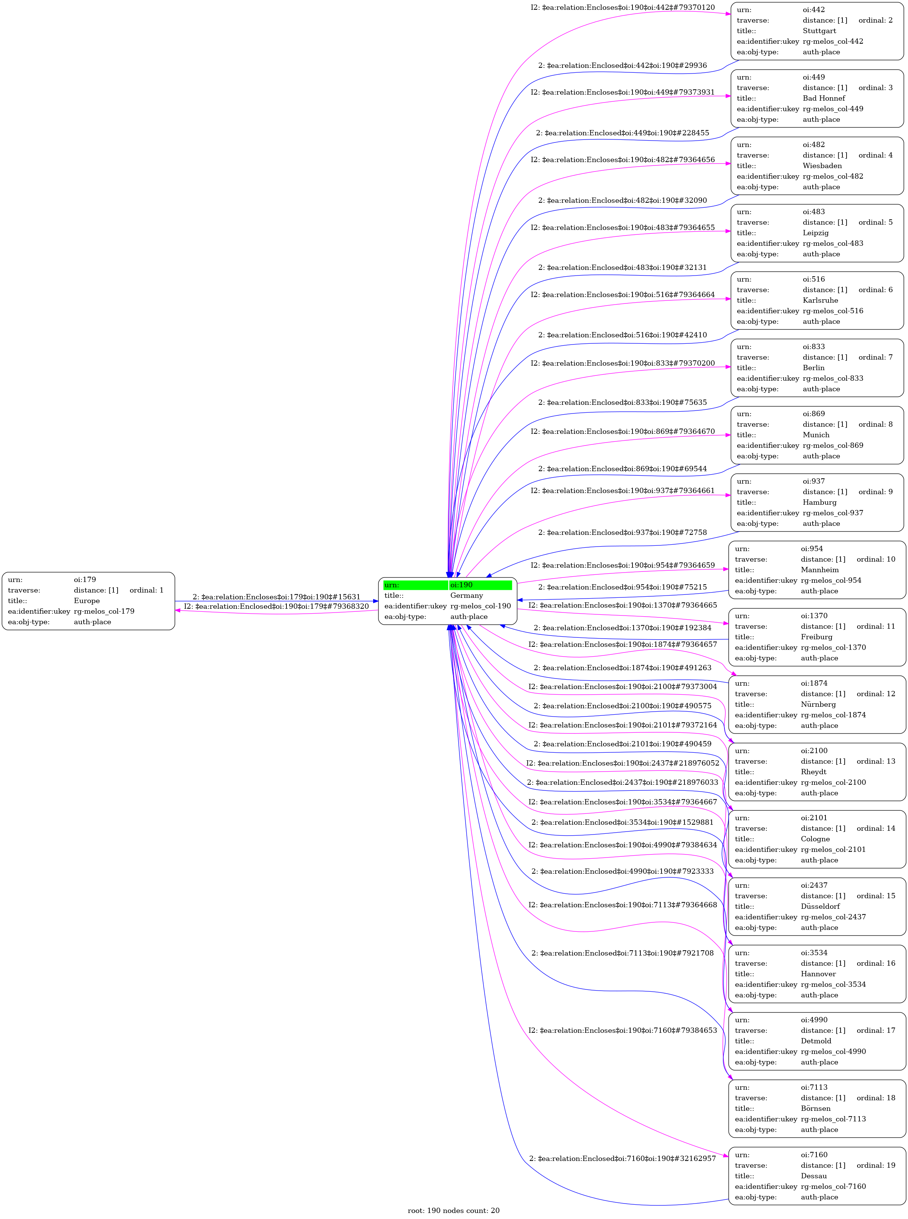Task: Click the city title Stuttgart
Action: pos(819,31)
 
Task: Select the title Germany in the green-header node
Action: pos(466,595)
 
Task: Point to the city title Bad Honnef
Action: pos(823,98)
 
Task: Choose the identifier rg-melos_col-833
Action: pos(833,378)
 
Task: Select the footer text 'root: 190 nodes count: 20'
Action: pos(453,1210)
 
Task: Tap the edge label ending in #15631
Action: pos(276,597)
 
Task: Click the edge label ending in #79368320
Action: pos(276,606)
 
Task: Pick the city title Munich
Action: pos(816,435)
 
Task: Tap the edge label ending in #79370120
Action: pos(622,8)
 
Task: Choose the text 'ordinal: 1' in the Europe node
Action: pos(146,590)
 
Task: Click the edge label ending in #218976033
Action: pos(622,782)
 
